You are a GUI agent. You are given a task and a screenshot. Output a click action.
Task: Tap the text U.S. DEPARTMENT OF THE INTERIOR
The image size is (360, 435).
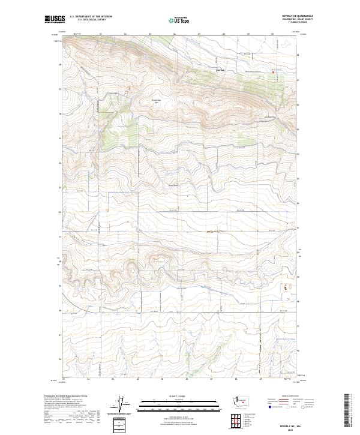click(x=91, y=17)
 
